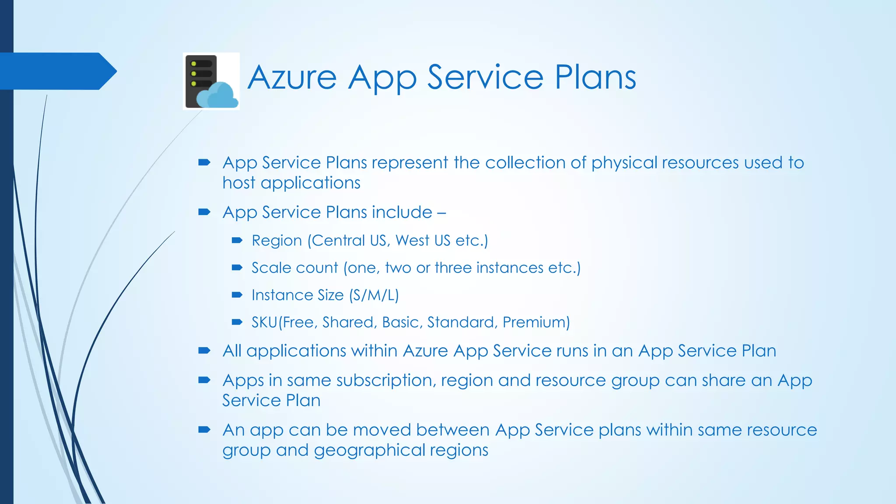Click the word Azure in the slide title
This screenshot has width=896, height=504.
(x=292, y=78)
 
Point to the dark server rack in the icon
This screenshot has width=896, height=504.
(x=200, y=72)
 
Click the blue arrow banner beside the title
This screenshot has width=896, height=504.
(x=57, y=71)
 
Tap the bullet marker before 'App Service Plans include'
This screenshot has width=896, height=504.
(x=204, y=212)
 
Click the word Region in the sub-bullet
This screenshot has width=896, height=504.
(x=277, y=241)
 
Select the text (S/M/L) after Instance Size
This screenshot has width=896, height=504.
(x=374, y=295)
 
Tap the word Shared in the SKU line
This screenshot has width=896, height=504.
(x=348, y=322)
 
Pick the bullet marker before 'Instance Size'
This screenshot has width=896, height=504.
(x=237, y=295)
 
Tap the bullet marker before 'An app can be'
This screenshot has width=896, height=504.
(x=204, y=430)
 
